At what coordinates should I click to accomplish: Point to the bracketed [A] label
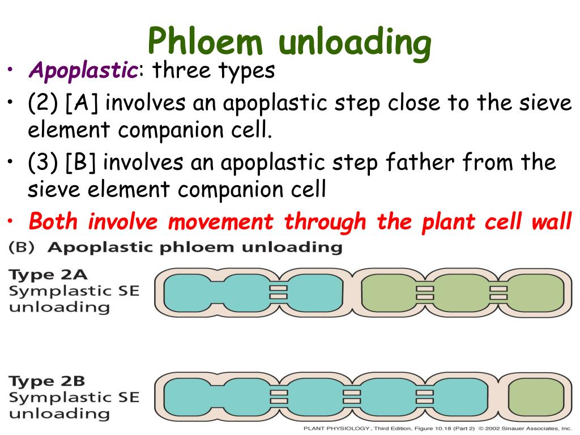(x=83, y=104)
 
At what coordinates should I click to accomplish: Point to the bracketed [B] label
(x=82, y=163)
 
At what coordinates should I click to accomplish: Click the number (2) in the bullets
(x=44, y=104)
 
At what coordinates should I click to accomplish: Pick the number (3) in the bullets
(x=44, y=163)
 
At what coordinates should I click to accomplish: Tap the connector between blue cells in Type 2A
(x=278, y=292)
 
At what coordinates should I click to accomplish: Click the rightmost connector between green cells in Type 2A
(x=498, y=292)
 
